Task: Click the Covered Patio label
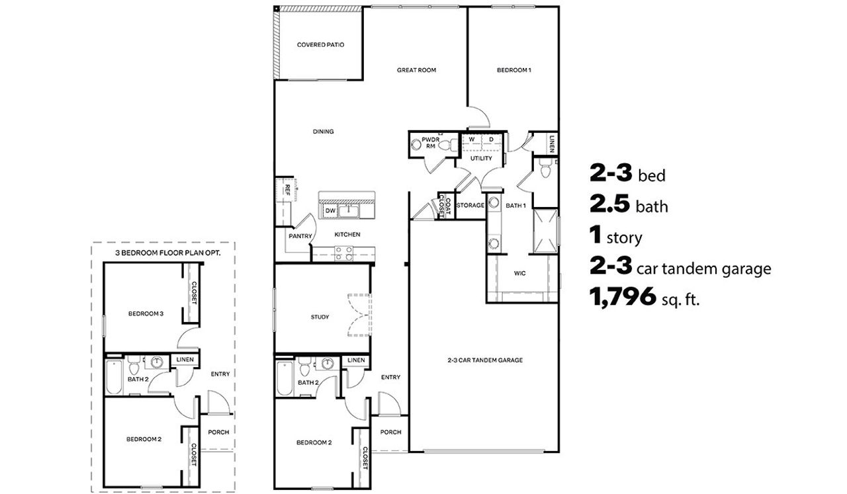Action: [x=320, y=45]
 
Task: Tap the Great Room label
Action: [x=416, y=70]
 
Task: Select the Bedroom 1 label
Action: [x=514, y=70]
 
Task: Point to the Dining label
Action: [x=323, y=132]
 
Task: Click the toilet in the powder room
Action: [x=448, y=145]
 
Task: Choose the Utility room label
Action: [x=481, y=159]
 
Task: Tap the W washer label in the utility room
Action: [x=472, y=140]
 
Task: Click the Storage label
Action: [x=470, y=206]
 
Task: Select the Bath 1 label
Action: [x=515, y=206]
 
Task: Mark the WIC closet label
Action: [x=519, y=273]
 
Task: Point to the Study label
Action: [x=320, y=317]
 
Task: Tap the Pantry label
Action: [x=300, y=235]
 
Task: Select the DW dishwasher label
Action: [x=330, y=211]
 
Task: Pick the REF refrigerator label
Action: [x=287, y=188]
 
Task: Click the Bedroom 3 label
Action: [x=146, y=313]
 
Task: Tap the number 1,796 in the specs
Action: [x=621, y=299]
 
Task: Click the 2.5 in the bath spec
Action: [x=609, y=206]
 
